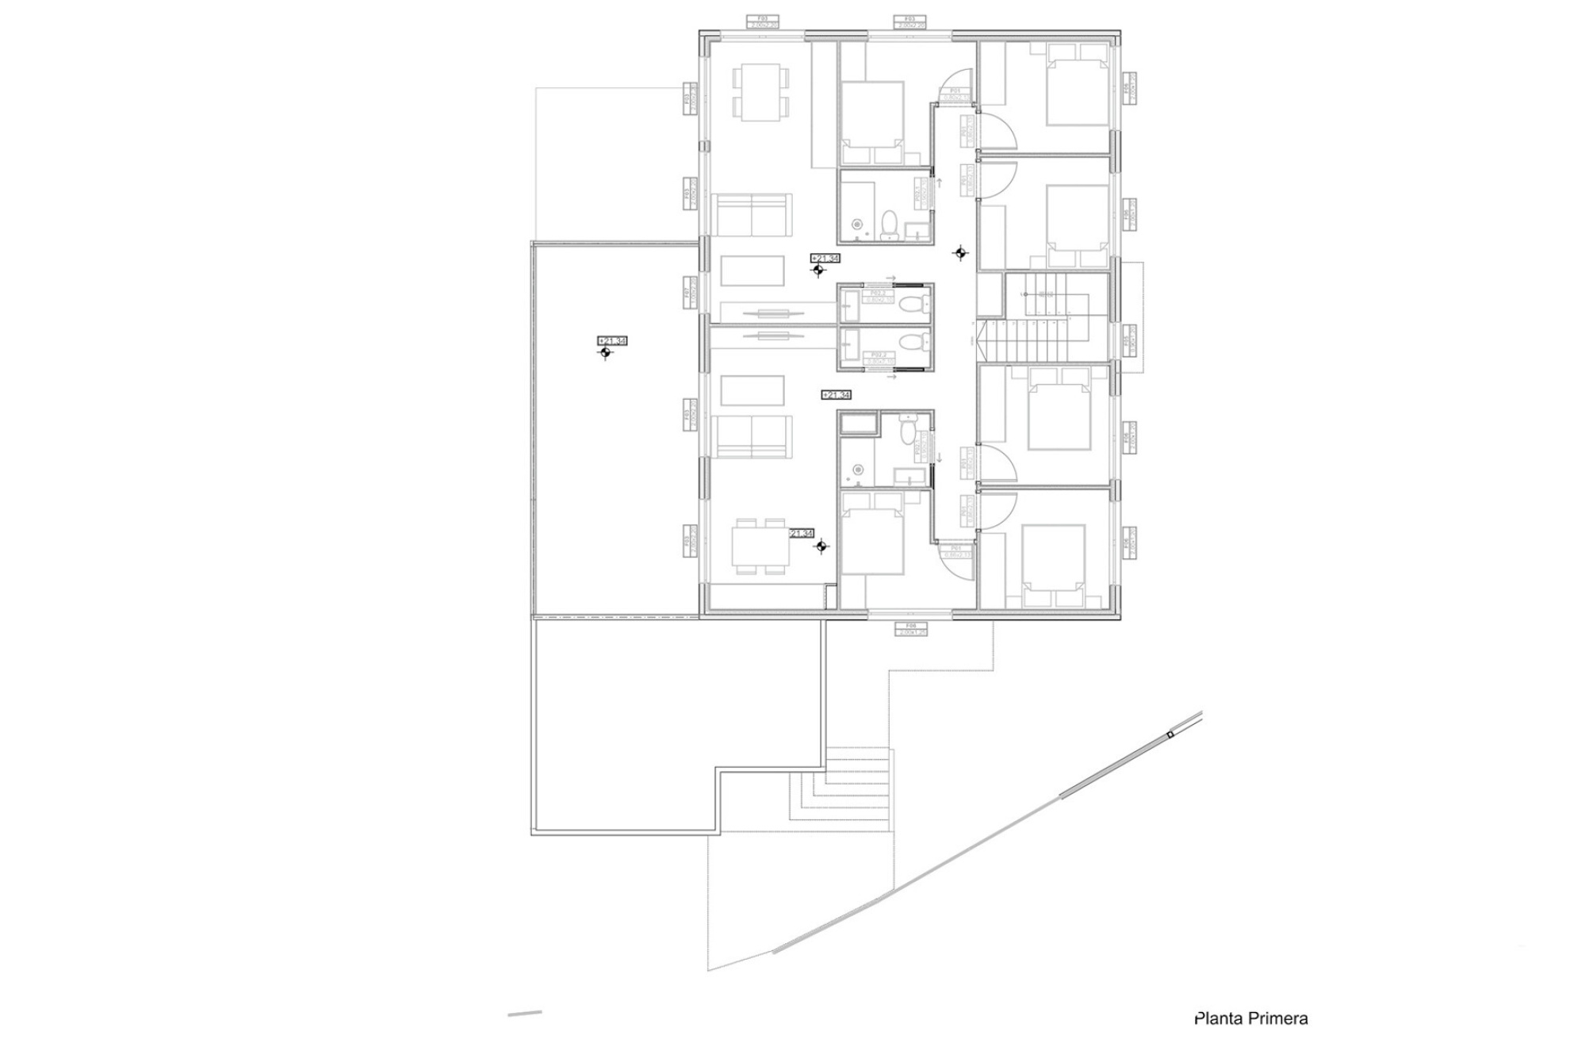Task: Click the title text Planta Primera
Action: pos(1250,1018)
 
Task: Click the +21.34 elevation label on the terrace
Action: pos(613,340)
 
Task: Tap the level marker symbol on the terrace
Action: pos(605,352)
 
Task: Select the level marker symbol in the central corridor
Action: pos(960,253)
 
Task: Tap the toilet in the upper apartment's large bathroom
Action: pos(890,224)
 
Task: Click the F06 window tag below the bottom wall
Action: pos(911,629)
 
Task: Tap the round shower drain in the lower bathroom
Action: pos(857,470)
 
